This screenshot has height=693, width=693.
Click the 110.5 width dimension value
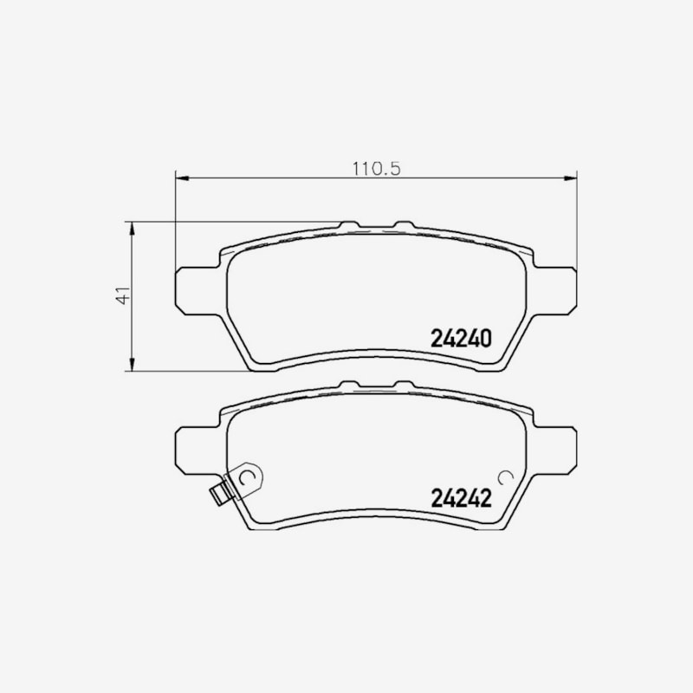376,169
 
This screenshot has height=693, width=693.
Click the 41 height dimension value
124,295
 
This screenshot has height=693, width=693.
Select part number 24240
461,339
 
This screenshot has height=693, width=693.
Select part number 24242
461,498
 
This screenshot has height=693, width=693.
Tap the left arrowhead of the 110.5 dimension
182,178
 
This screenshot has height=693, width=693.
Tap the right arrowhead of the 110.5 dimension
571,178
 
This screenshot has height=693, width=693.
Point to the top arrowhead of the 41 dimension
132,229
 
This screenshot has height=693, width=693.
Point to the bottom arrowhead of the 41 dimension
132,364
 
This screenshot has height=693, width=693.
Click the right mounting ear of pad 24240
555,291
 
